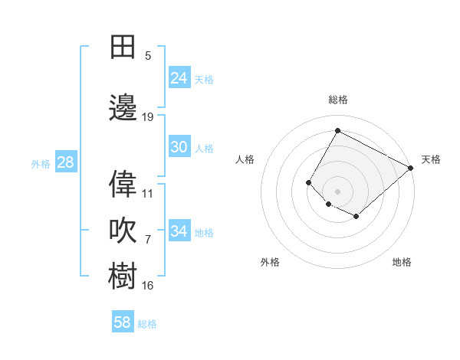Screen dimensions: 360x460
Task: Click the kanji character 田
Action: [x=123, y=47]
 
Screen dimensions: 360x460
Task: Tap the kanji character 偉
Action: [x=123, y=184]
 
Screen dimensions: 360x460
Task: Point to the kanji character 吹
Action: [x=123, y=229]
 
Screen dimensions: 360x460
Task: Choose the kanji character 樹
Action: [x=123, y=275]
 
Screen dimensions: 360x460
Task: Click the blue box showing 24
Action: [x=179, y=78]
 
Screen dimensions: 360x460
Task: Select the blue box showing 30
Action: [x=179, y=147]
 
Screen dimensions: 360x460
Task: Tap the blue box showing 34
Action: [x=179, y=231]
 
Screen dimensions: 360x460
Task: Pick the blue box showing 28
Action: [x=65, y=162]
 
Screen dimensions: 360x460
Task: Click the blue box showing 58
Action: [x=123, y=322]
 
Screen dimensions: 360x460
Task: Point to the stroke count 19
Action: [x=148, y=117]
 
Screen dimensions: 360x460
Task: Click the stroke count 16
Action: [x=148, y=286]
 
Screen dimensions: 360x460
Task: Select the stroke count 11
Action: [x=148, y=194]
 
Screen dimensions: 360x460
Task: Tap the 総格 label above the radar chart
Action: [x=337, y=100]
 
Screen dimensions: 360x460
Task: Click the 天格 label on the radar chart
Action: [x=431, y=159]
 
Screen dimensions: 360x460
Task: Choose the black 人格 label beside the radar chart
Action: [x=245, y=159]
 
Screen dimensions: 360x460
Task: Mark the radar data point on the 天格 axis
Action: [x=411, y=168]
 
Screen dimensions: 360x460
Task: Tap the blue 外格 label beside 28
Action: [x=40, y=163]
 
